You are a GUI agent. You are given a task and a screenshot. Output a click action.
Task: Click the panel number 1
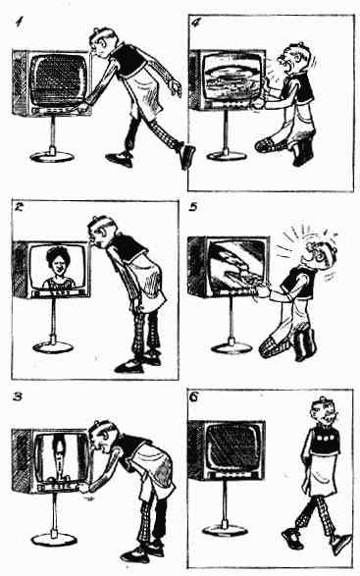(x=19, y=23)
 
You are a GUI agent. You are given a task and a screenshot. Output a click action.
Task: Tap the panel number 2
(x=19, y=207)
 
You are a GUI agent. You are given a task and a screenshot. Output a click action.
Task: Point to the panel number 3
(x=19, y=396)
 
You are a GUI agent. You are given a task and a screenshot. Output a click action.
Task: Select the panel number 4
(x=196, y=23)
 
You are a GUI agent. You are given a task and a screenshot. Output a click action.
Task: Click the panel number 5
(x=193, y=208)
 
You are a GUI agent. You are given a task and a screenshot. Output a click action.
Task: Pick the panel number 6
(x=194, y=396)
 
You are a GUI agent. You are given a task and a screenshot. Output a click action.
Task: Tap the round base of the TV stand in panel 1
(x=52, y=157)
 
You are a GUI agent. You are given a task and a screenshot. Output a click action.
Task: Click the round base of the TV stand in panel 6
(x=224, y=530)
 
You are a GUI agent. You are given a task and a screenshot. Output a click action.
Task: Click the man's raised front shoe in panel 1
(x=186, y=157)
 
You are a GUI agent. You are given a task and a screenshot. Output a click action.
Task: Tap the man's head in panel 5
(x=321, y=254)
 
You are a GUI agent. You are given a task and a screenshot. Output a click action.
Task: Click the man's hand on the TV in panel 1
(x=83, y=108)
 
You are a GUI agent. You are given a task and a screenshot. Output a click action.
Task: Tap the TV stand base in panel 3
(x=54, y=539)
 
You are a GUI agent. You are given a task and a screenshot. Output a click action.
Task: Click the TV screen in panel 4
(x=231, y=78)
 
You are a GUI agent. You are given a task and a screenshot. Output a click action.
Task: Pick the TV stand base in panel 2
(x=53, y=346)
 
